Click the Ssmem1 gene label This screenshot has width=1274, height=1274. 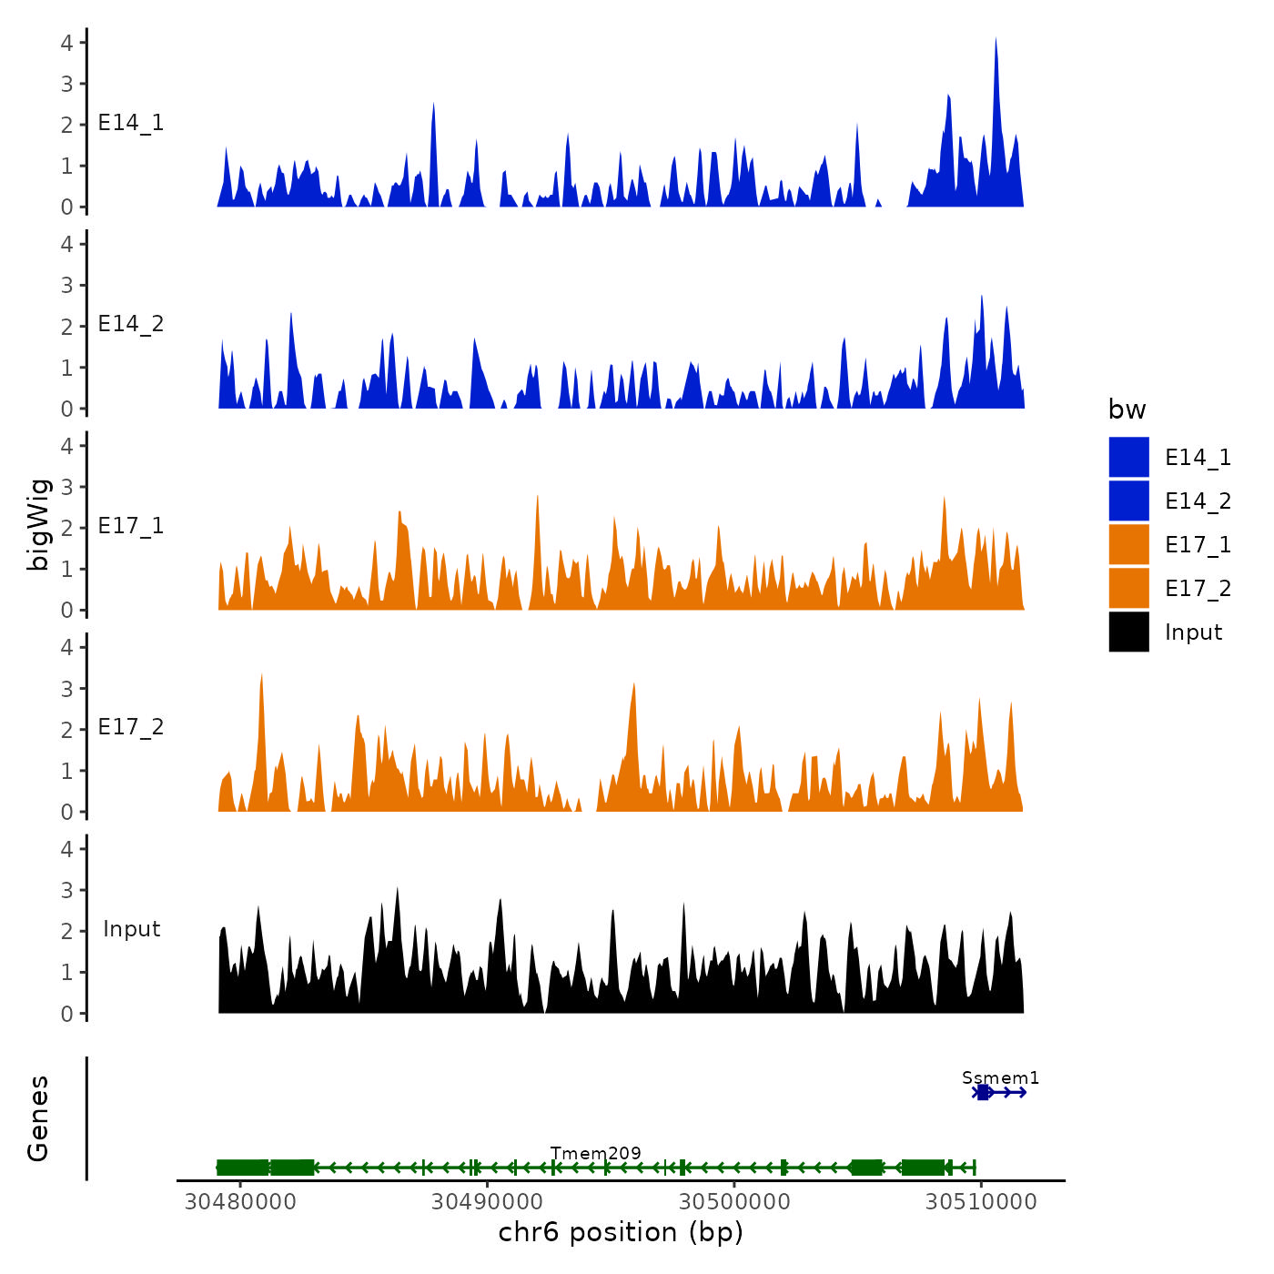1000,1077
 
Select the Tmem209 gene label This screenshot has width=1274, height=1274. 595,1153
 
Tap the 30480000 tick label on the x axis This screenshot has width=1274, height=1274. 240,1201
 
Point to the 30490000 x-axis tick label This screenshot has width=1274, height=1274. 488,1201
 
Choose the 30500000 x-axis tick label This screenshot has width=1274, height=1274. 734,1201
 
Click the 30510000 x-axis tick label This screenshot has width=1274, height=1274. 981,1201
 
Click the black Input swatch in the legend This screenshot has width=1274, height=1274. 1128,632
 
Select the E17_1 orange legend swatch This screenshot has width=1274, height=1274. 1128,544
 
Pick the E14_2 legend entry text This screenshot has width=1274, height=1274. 1198,501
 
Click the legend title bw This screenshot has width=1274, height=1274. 1127,409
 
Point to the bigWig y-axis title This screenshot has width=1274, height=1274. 38,525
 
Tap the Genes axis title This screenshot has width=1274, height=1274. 38,1118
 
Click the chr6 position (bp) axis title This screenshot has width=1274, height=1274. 621,1232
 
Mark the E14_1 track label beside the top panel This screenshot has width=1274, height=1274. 131,123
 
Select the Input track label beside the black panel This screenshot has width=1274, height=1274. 131,929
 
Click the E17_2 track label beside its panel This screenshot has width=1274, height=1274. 131,727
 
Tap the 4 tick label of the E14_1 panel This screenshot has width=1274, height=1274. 67,42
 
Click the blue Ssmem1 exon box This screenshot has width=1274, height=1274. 983,1092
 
